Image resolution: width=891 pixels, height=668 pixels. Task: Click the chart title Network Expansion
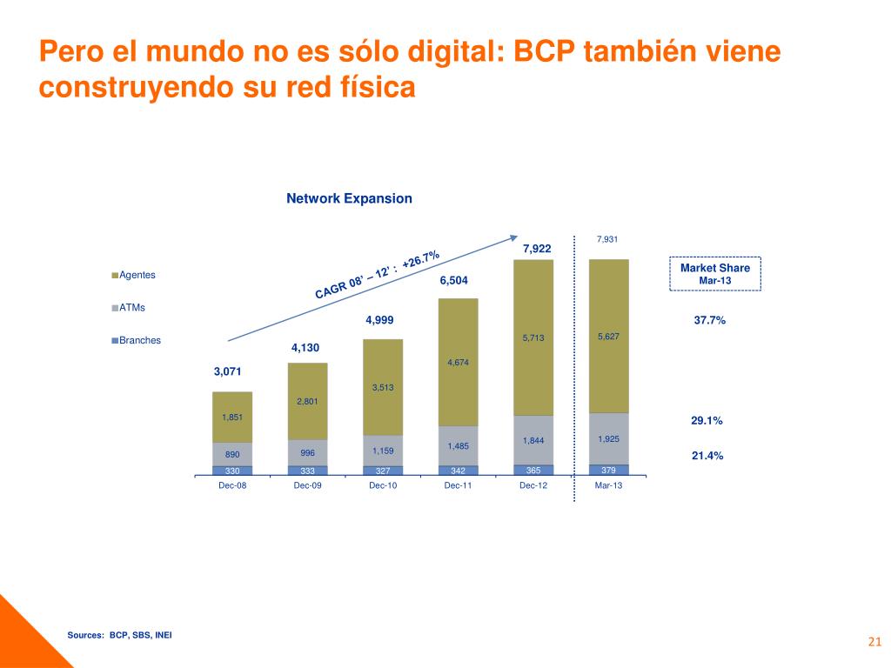click(x=349, y=198)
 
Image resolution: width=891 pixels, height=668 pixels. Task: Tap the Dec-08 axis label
click(x=232, y=486)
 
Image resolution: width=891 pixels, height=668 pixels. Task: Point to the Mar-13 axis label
click(x=608, y=486)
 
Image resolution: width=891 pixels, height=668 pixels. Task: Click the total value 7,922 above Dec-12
click(x=537, y=250)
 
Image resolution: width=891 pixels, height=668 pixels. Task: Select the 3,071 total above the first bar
click(x=228, y=371)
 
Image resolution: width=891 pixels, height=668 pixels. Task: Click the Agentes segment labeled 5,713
click(x=533, y=338)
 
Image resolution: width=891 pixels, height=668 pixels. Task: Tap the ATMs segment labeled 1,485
click(x=459, y=446)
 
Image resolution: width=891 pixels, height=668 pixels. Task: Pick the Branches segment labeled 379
click(x=608, y=470)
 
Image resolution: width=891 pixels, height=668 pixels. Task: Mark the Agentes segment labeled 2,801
click(x=308, y=401)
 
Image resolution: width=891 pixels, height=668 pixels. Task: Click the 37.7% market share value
click(x=709, y=320)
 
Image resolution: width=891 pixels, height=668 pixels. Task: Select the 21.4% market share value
click(x=707, y=455)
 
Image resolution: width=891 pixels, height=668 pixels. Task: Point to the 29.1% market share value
click(x=707, y=420)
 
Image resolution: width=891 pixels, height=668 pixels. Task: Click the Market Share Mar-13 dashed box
click(x=714, y=273)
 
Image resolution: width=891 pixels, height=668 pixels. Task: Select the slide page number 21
click(x=874, y=643)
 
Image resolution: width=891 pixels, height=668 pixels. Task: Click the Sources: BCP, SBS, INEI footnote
click(x=120, y=635)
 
